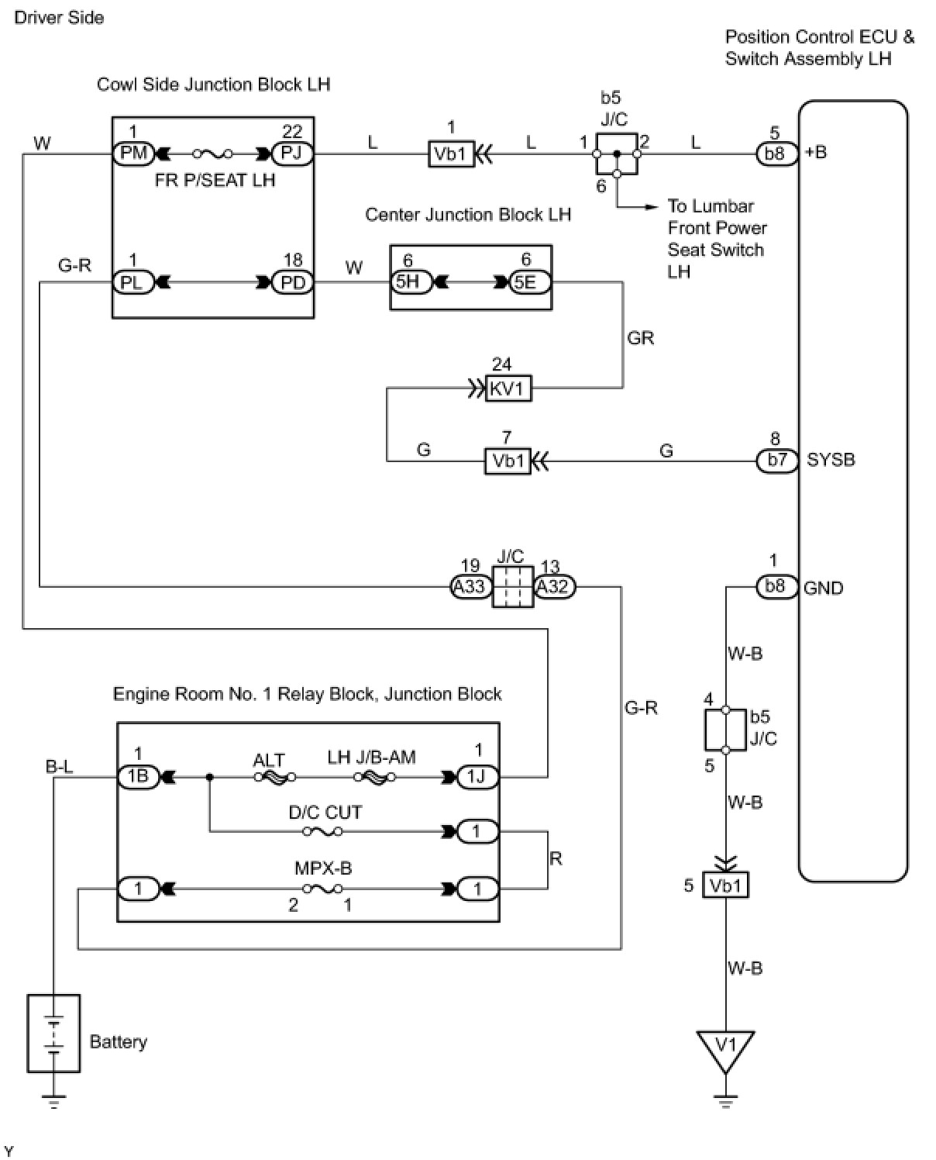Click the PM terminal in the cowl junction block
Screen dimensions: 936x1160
(x=133, y=154)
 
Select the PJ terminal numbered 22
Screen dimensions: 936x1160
(x=292, y=154)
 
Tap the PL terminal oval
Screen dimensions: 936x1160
(x=133, y=283)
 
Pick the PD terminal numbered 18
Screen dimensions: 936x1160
(x=292, y=283)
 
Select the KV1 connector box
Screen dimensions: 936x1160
(x=508, y=388)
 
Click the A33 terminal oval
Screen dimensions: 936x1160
(x=471, y=586)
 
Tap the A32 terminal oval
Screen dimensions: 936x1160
(x=554, y=586)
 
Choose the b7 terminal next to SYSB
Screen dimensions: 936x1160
(x=777, y=461)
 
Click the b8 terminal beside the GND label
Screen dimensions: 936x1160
(x=777, y=586)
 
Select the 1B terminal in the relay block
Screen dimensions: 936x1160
(x=139, y=777)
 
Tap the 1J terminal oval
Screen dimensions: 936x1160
(x=477, y=777)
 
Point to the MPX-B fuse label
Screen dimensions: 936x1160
(x=323, y=868)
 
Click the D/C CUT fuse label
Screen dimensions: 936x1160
(x=325, y=812)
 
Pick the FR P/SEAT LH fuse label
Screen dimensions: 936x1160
(x=215, y=180)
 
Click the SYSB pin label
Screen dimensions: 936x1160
(x=831, y=460)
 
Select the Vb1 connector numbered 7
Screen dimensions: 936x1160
(x=508, y=461)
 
